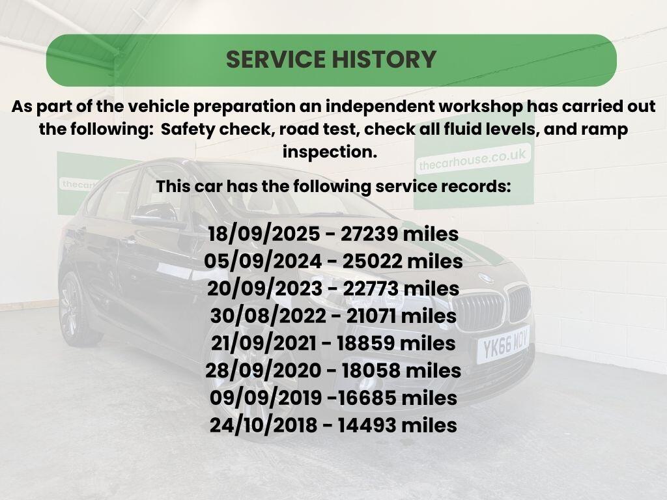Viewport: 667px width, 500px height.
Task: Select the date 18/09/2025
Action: (x=264, y=234)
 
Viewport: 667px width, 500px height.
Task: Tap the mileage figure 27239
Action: (x=369, y=234)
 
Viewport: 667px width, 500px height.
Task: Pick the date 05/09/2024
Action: (x=263, y=262)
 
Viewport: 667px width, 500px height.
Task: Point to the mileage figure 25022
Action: (x=372, y=262)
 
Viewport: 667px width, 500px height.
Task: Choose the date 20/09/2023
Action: (x=264, y=288)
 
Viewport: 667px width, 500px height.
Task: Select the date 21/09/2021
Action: (x=263, y=343)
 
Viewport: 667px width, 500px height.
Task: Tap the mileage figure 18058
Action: (x=371, y=370)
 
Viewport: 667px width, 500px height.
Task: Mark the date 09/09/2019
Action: (x=266, y=398)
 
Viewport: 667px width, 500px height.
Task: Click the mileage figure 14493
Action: (x=367, y=424)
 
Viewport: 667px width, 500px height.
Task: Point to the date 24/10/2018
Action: (x=263, y=424)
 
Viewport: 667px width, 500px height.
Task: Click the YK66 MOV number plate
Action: (x=503, y=345)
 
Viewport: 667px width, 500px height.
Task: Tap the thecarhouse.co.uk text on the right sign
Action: (x=473, y=160)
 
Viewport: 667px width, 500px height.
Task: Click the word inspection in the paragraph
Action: (x=330, y=152)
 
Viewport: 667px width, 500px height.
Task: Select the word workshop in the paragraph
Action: (x=480, y=106)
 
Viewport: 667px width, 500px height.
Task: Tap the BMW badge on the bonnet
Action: (x=486, y=279)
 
